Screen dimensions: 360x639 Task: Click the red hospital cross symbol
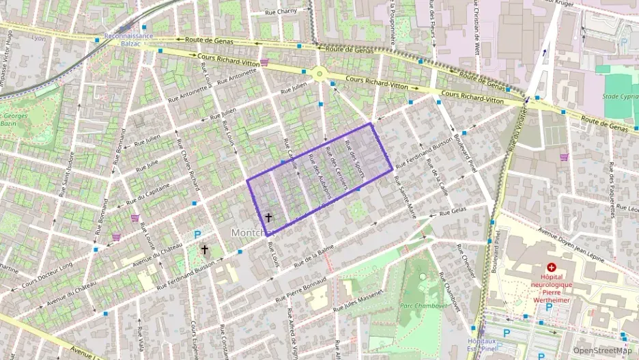[x=551, y=267]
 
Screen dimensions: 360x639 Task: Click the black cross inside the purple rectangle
[x=268, y=218]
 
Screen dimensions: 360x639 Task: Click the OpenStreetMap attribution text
[x=602, y=350]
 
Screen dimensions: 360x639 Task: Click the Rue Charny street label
[x=281, y=12]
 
